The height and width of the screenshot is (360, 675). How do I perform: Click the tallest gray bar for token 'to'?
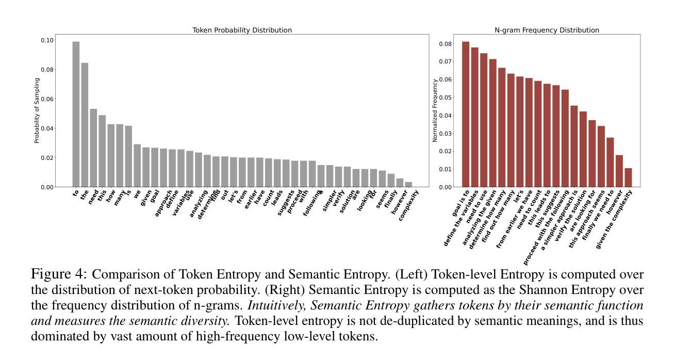pyautogui.click(x=76, y=114)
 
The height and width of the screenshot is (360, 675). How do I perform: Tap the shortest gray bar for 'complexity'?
pyautogui.click(x=408, y=185)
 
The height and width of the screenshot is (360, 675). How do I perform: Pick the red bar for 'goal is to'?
pyautogui.click(x=466, y=114)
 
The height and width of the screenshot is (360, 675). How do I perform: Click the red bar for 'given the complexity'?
pyautogui.click(x=628, y=178)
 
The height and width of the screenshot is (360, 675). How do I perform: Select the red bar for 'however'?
pyautogui.click(x=619, y=171)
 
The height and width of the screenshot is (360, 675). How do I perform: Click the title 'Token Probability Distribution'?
pyautogui.click(x=242, y=30)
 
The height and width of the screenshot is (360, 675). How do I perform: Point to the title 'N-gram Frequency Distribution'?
pyautogui.click(x=547, y=30)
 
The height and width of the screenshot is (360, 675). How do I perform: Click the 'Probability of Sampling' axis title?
pyautogui.click(x=37, y=110)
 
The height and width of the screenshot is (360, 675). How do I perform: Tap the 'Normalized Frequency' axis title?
pyautogui.click(x=435, y=110)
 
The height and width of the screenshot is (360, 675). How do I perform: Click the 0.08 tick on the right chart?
pyautogui.click(x=446, y=44)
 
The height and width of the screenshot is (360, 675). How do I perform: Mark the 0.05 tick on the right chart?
pyautogui.click(x=446, y=97)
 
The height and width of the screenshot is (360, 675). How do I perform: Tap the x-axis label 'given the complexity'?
pyautogui.click(x=614, y=219)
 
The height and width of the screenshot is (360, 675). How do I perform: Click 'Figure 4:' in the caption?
pyautogui.click(x=59, y=274)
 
